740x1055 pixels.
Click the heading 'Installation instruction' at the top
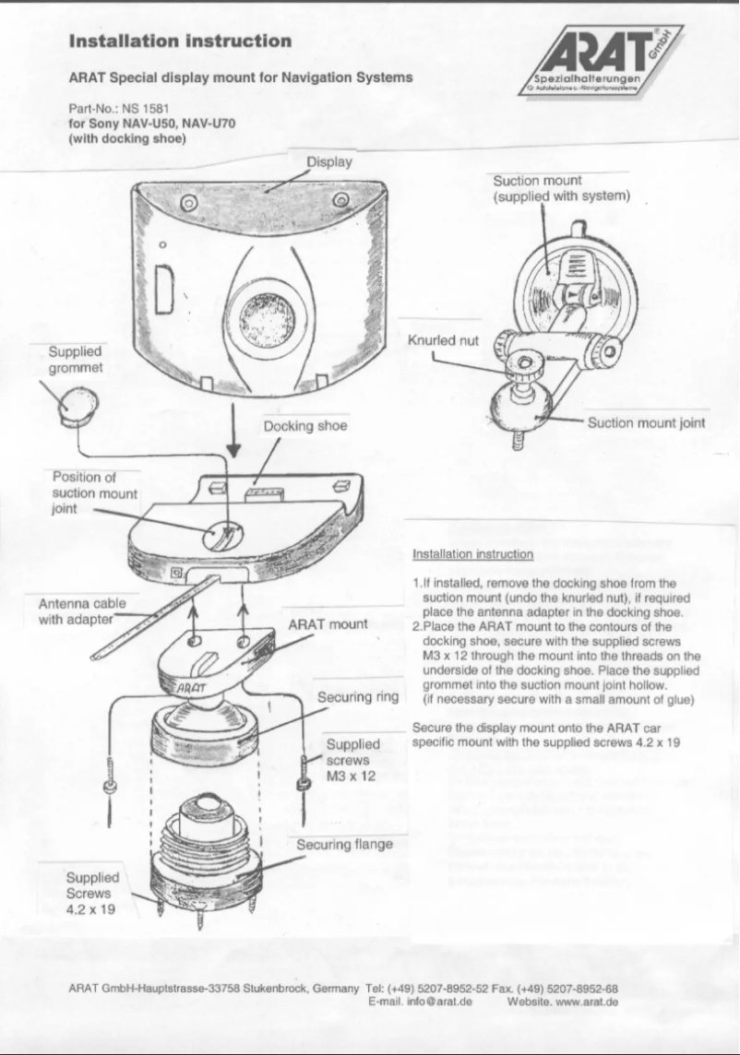click(x=181, y=41)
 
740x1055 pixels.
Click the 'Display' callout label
click(x=329, y=161)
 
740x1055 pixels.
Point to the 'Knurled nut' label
click(x=443, y=339)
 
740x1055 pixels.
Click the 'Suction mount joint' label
click(x=646, y=423)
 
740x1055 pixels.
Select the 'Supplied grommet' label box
click(x=75, y=361)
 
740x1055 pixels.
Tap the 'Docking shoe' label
click(x=304, y=426)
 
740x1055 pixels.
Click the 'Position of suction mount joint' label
click(x=94, y=492)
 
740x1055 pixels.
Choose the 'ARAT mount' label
click(x=328, y=624)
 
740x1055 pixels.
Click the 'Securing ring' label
click(x=357, y=697)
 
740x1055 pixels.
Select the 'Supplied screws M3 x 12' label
click(x=352, y=760)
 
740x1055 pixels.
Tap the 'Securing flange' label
click(x=344, y=844)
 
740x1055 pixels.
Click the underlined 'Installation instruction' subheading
click(x=472, y=554)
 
